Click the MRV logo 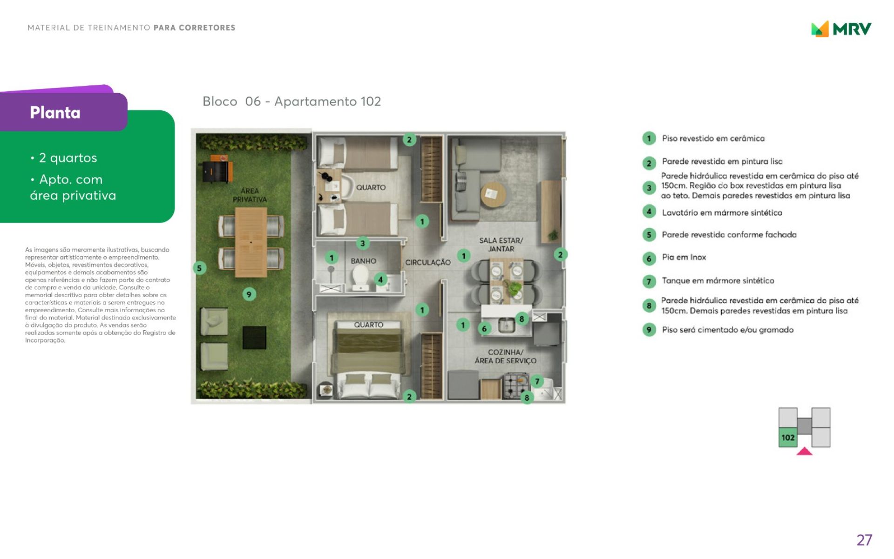tap(841, 29)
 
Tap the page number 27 tap(864, 540)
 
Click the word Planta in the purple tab tap(55, 113)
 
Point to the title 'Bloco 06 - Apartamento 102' tap(291, 102)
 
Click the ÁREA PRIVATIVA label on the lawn tap(250, 195)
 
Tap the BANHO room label tap(363, 261)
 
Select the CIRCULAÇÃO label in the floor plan tap(428, 263)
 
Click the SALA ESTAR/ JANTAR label tap(501, 245)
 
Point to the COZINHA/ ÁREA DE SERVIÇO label tap(506, 356)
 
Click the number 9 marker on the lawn tap(249, 294)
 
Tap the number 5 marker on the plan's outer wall tap(199, 268)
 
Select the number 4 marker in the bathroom tap(380, 279)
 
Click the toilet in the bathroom tap(360, 279)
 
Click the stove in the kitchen tap(515, 386)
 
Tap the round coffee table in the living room tap(493, 194)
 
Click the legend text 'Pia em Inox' tap(684, 257)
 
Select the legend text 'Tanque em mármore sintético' tap(718, 280)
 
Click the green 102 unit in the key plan tap(788, 437)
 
